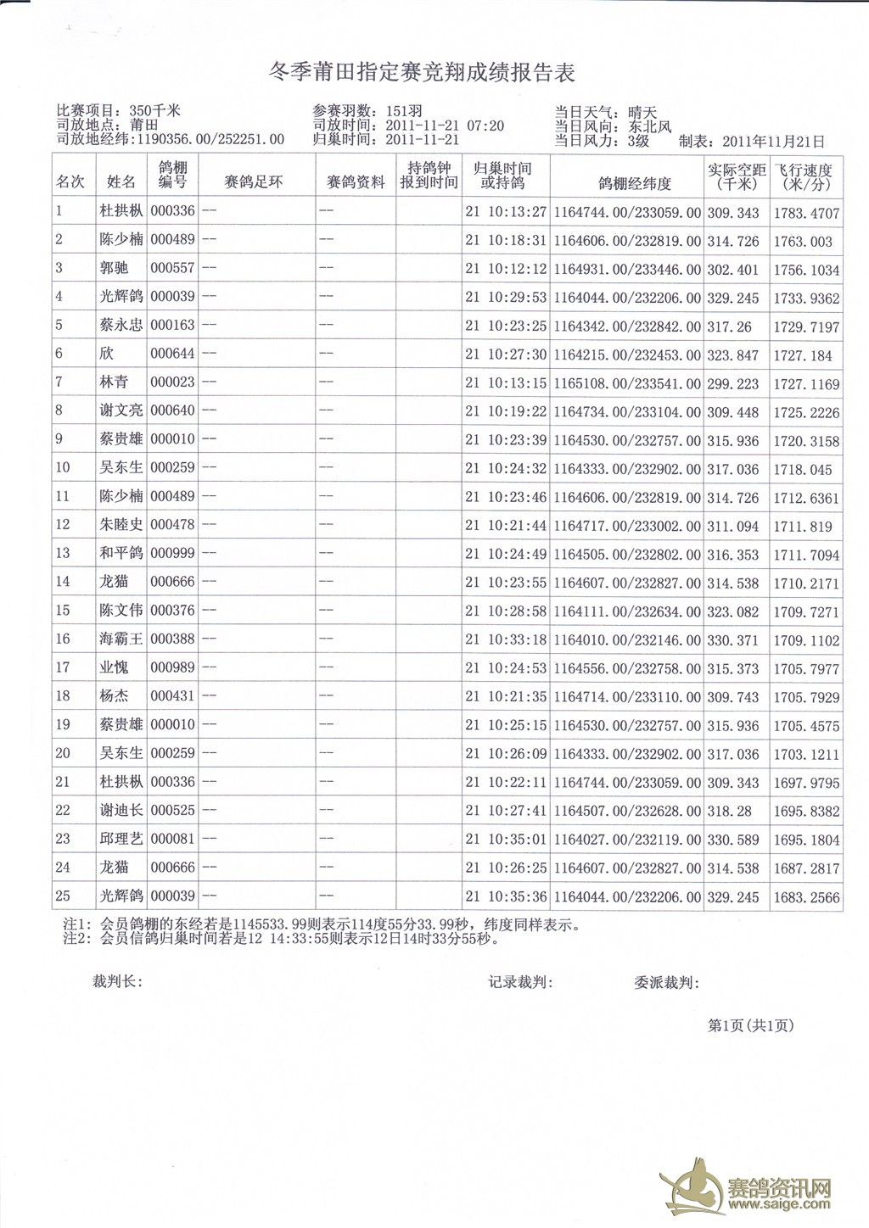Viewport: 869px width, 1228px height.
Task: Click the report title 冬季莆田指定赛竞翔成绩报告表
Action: [x=422, y=73]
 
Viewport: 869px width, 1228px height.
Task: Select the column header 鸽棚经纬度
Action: [x=634, y=183]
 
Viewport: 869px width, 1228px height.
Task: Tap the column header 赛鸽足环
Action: [x=253, y=182]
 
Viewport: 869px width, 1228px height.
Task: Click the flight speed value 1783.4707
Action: [x=805, y=214]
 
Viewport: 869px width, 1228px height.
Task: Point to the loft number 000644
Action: [x=172, y=354]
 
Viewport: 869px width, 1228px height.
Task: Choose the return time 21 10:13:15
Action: [x=506, y=383]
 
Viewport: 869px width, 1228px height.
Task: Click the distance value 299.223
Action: [x=733, y=384]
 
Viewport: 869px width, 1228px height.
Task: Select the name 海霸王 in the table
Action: [x=121, y=639]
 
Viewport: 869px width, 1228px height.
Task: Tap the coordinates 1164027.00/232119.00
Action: [x=627, y=840]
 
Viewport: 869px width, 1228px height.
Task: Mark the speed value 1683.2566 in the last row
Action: [x=805, y=897]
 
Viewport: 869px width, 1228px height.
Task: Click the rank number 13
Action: [x=63, y=554]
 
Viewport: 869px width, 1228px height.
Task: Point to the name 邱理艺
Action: [x=121, y=839]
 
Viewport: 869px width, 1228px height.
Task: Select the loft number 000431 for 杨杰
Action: [x=172, y=696]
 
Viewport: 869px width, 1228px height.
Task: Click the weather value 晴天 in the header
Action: [x=642, y=112]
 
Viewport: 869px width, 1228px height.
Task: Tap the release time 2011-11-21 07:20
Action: [x=445, y=126]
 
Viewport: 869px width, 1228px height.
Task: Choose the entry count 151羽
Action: [x=404, y=111]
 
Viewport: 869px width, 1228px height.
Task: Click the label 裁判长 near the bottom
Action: [x=116, y=982]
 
